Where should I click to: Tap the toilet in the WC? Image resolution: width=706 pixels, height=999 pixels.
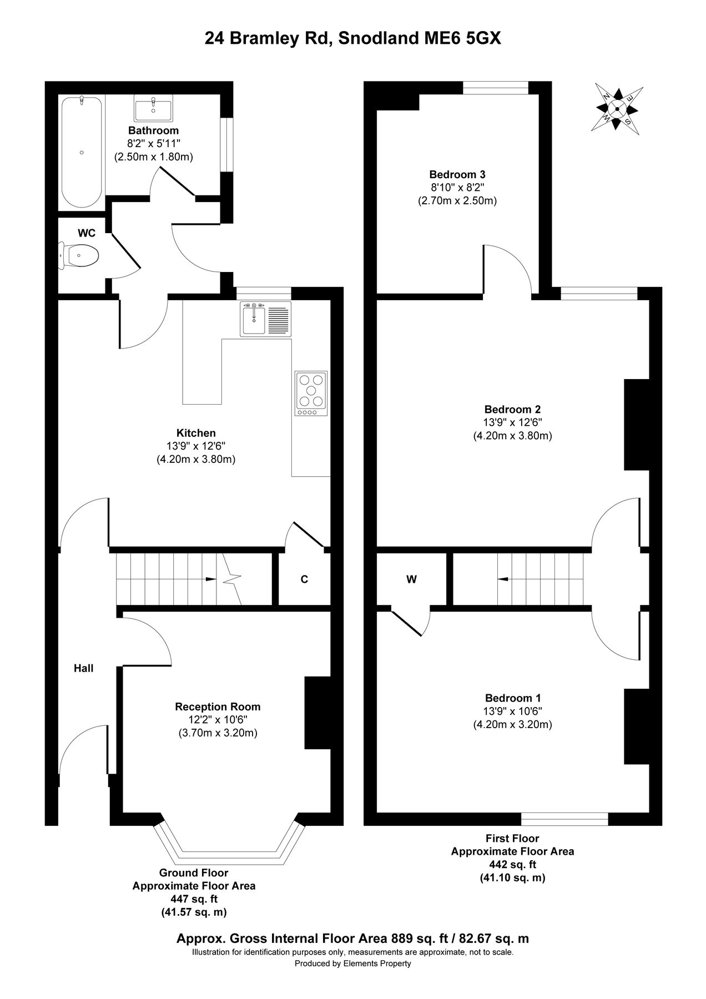(81, 256)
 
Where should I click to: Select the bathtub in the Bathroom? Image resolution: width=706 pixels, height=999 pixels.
(82, 153)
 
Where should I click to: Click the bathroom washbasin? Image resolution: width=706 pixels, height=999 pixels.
(153, 108)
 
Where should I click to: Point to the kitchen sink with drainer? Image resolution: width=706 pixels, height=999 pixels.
(265, 319)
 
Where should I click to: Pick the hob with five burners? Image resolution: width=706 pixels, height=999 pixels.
(311, 393)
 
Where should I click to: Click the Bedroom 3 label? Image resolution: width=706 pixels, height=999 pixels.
(457, 174)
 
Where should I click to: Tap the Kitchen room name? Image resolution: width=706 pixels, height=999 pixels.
(196, 433)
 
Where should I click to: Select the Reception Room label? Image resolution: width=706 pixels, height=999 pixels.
(218, 707)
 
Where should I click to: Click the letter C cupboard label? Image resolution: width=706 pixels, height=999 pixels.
(304, 579)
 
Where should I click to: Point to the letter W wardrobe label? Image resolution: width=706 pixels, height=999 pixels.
(411, 579)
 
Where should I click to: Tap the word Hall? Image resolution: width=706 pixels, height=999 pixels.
(84, 668)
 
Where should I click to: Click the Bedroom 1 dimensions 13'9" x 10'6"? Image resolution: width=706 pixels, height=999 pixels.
(512, 711)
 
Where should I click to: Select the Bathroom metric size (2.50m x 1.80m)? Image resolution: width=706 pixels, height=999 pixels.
(154, 157)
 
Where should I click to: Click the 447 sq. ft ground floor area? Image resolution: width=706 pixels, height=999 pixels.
(194, 899)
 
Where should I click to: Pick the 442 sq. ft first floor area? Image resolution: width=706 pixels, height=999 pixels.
(512, 864)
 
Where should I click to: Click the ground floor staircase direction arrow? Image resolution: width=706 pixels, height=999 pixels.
(211, 579)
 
